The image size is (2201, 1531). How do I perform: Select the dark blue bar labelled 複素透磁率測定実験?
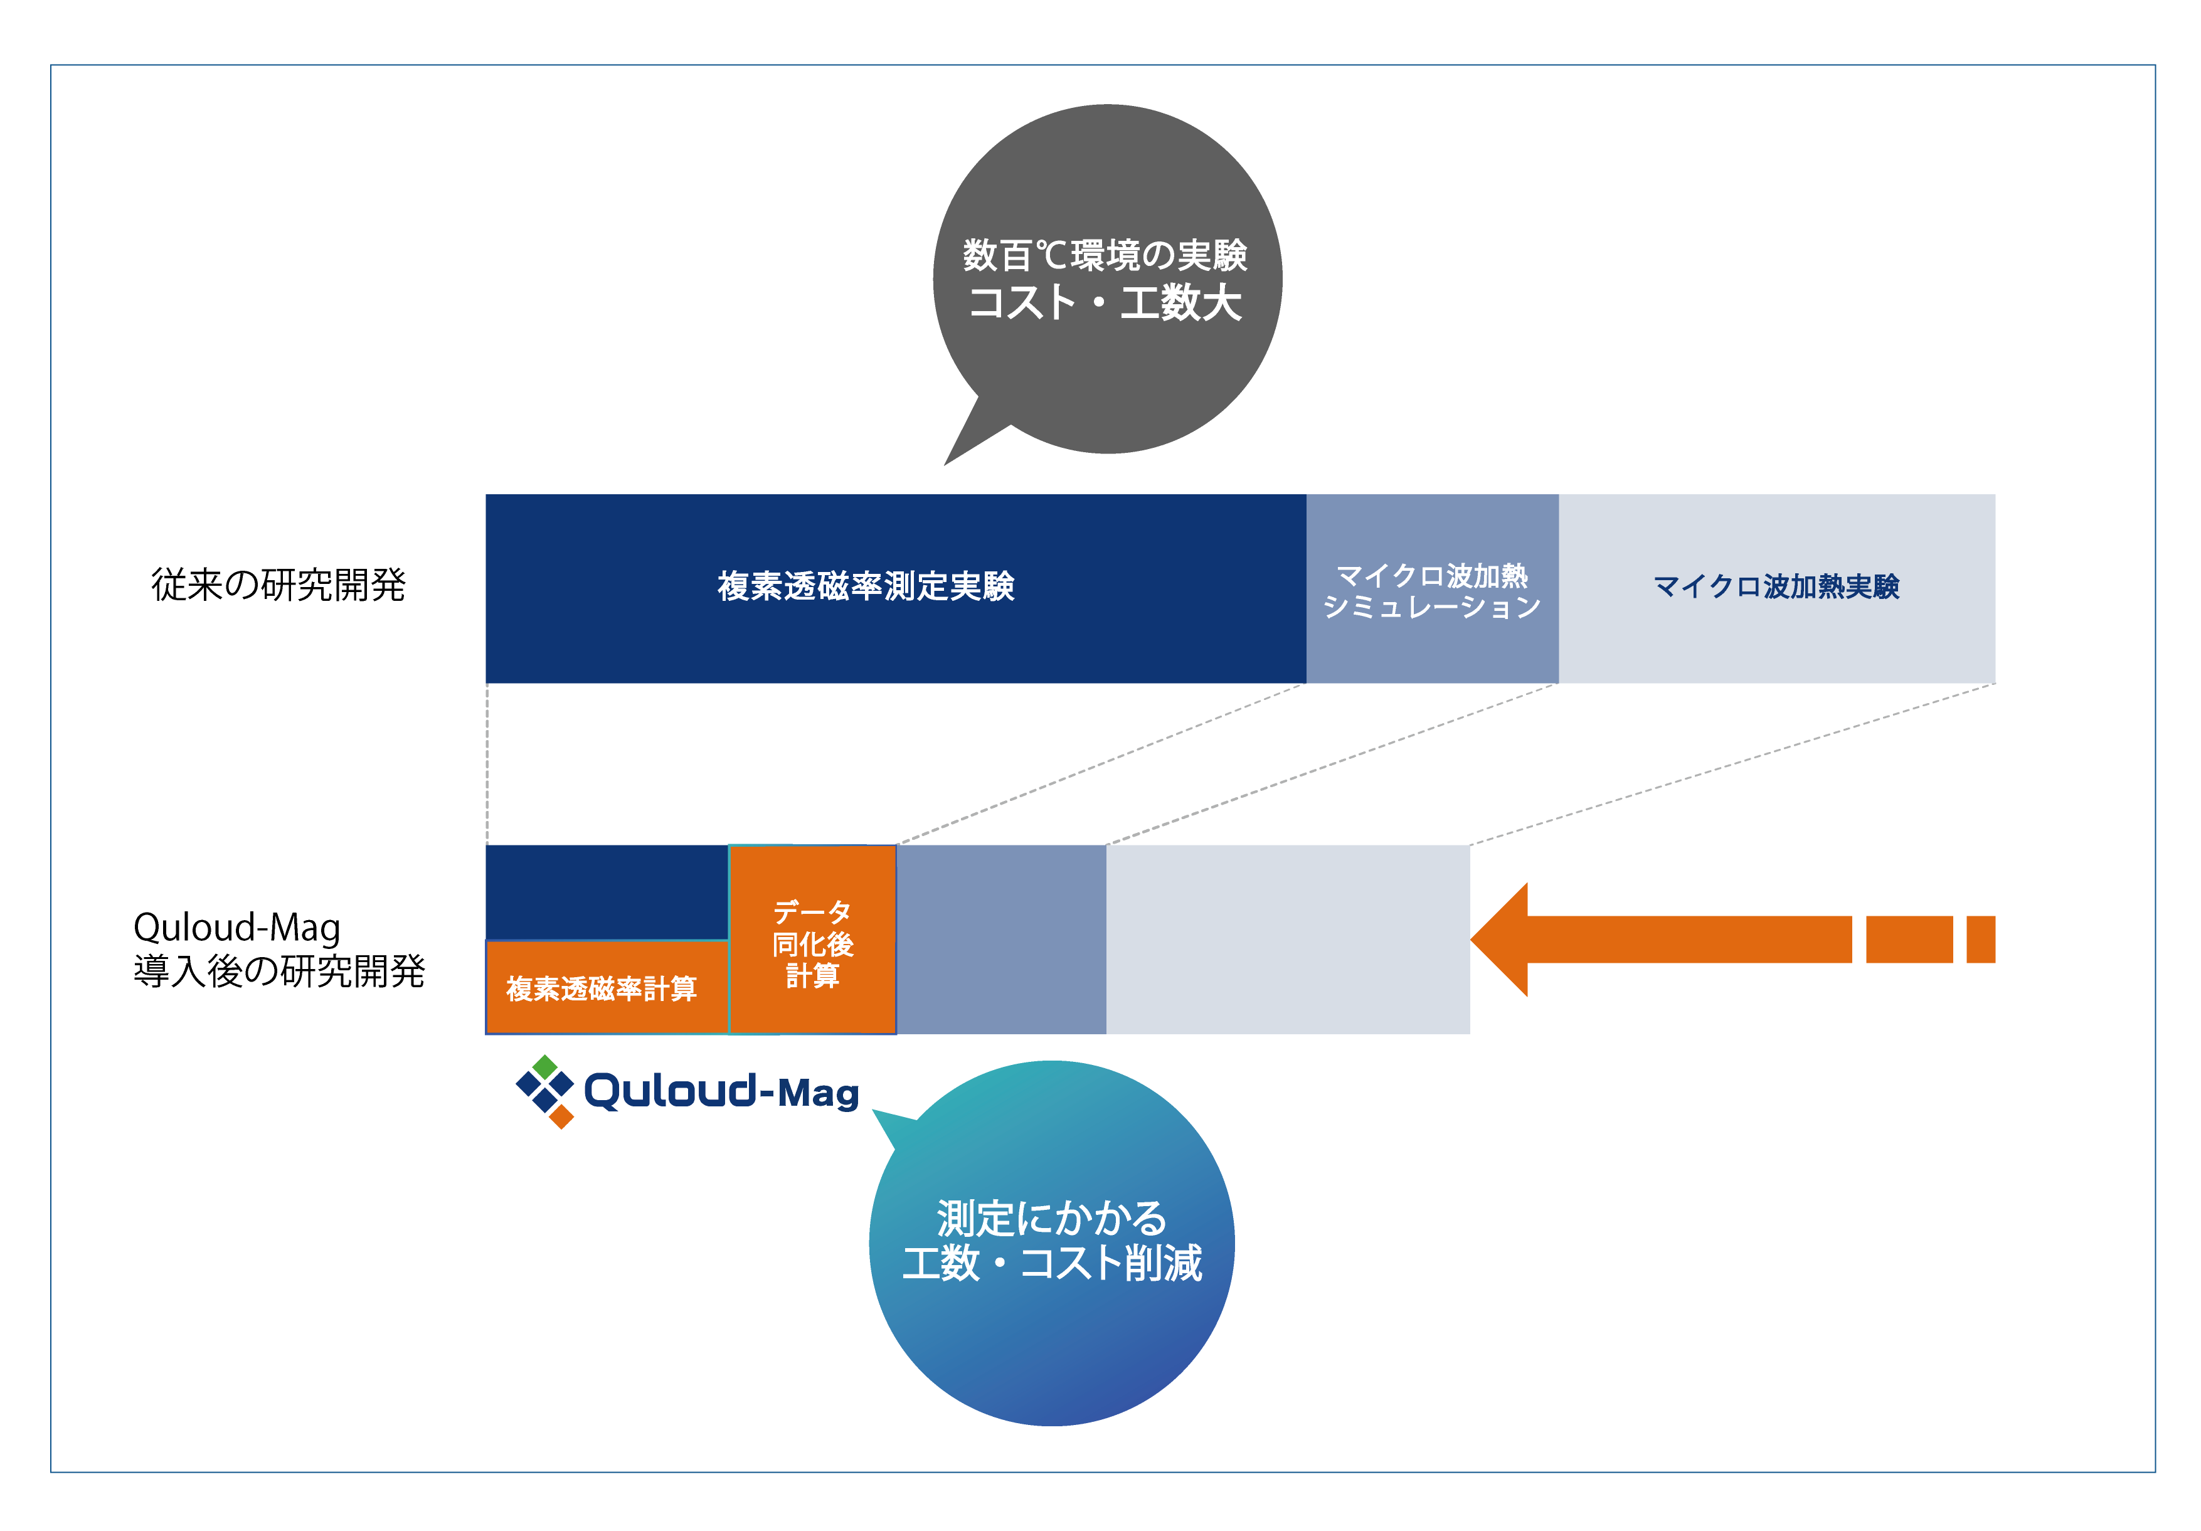(895, 588)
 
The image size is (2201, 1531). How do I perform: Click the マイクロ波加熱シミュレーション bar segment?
(1432, 588)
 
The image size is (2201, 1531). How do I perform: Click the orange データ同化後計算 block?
(812, 940)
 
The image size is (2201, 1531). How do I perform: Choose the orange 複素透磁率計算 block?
(606, 987)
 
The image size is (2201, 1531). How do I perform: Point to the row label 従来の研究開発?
(278, 585)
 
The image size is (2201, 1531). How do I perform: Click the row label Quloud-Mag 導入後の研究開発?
(278, 949)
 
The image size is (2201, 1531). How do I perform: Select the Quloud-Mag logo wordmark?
(721, 1092)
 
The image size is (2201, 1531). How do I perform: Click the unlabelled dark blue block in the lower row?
(606, 891)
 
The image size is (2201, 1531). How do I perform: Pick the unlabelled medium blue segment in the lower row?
(1001, 940)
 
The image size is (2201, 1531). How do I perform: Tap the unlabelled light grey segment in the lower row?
(1288, 940)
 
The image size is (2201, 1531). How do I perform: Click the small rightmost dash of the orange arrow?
(1980, 940)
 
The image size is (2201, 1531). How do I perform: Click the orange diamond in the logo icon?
(562, 1116)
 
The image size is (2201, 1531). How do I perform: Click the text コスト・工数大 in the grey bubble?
(1105, 303)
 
